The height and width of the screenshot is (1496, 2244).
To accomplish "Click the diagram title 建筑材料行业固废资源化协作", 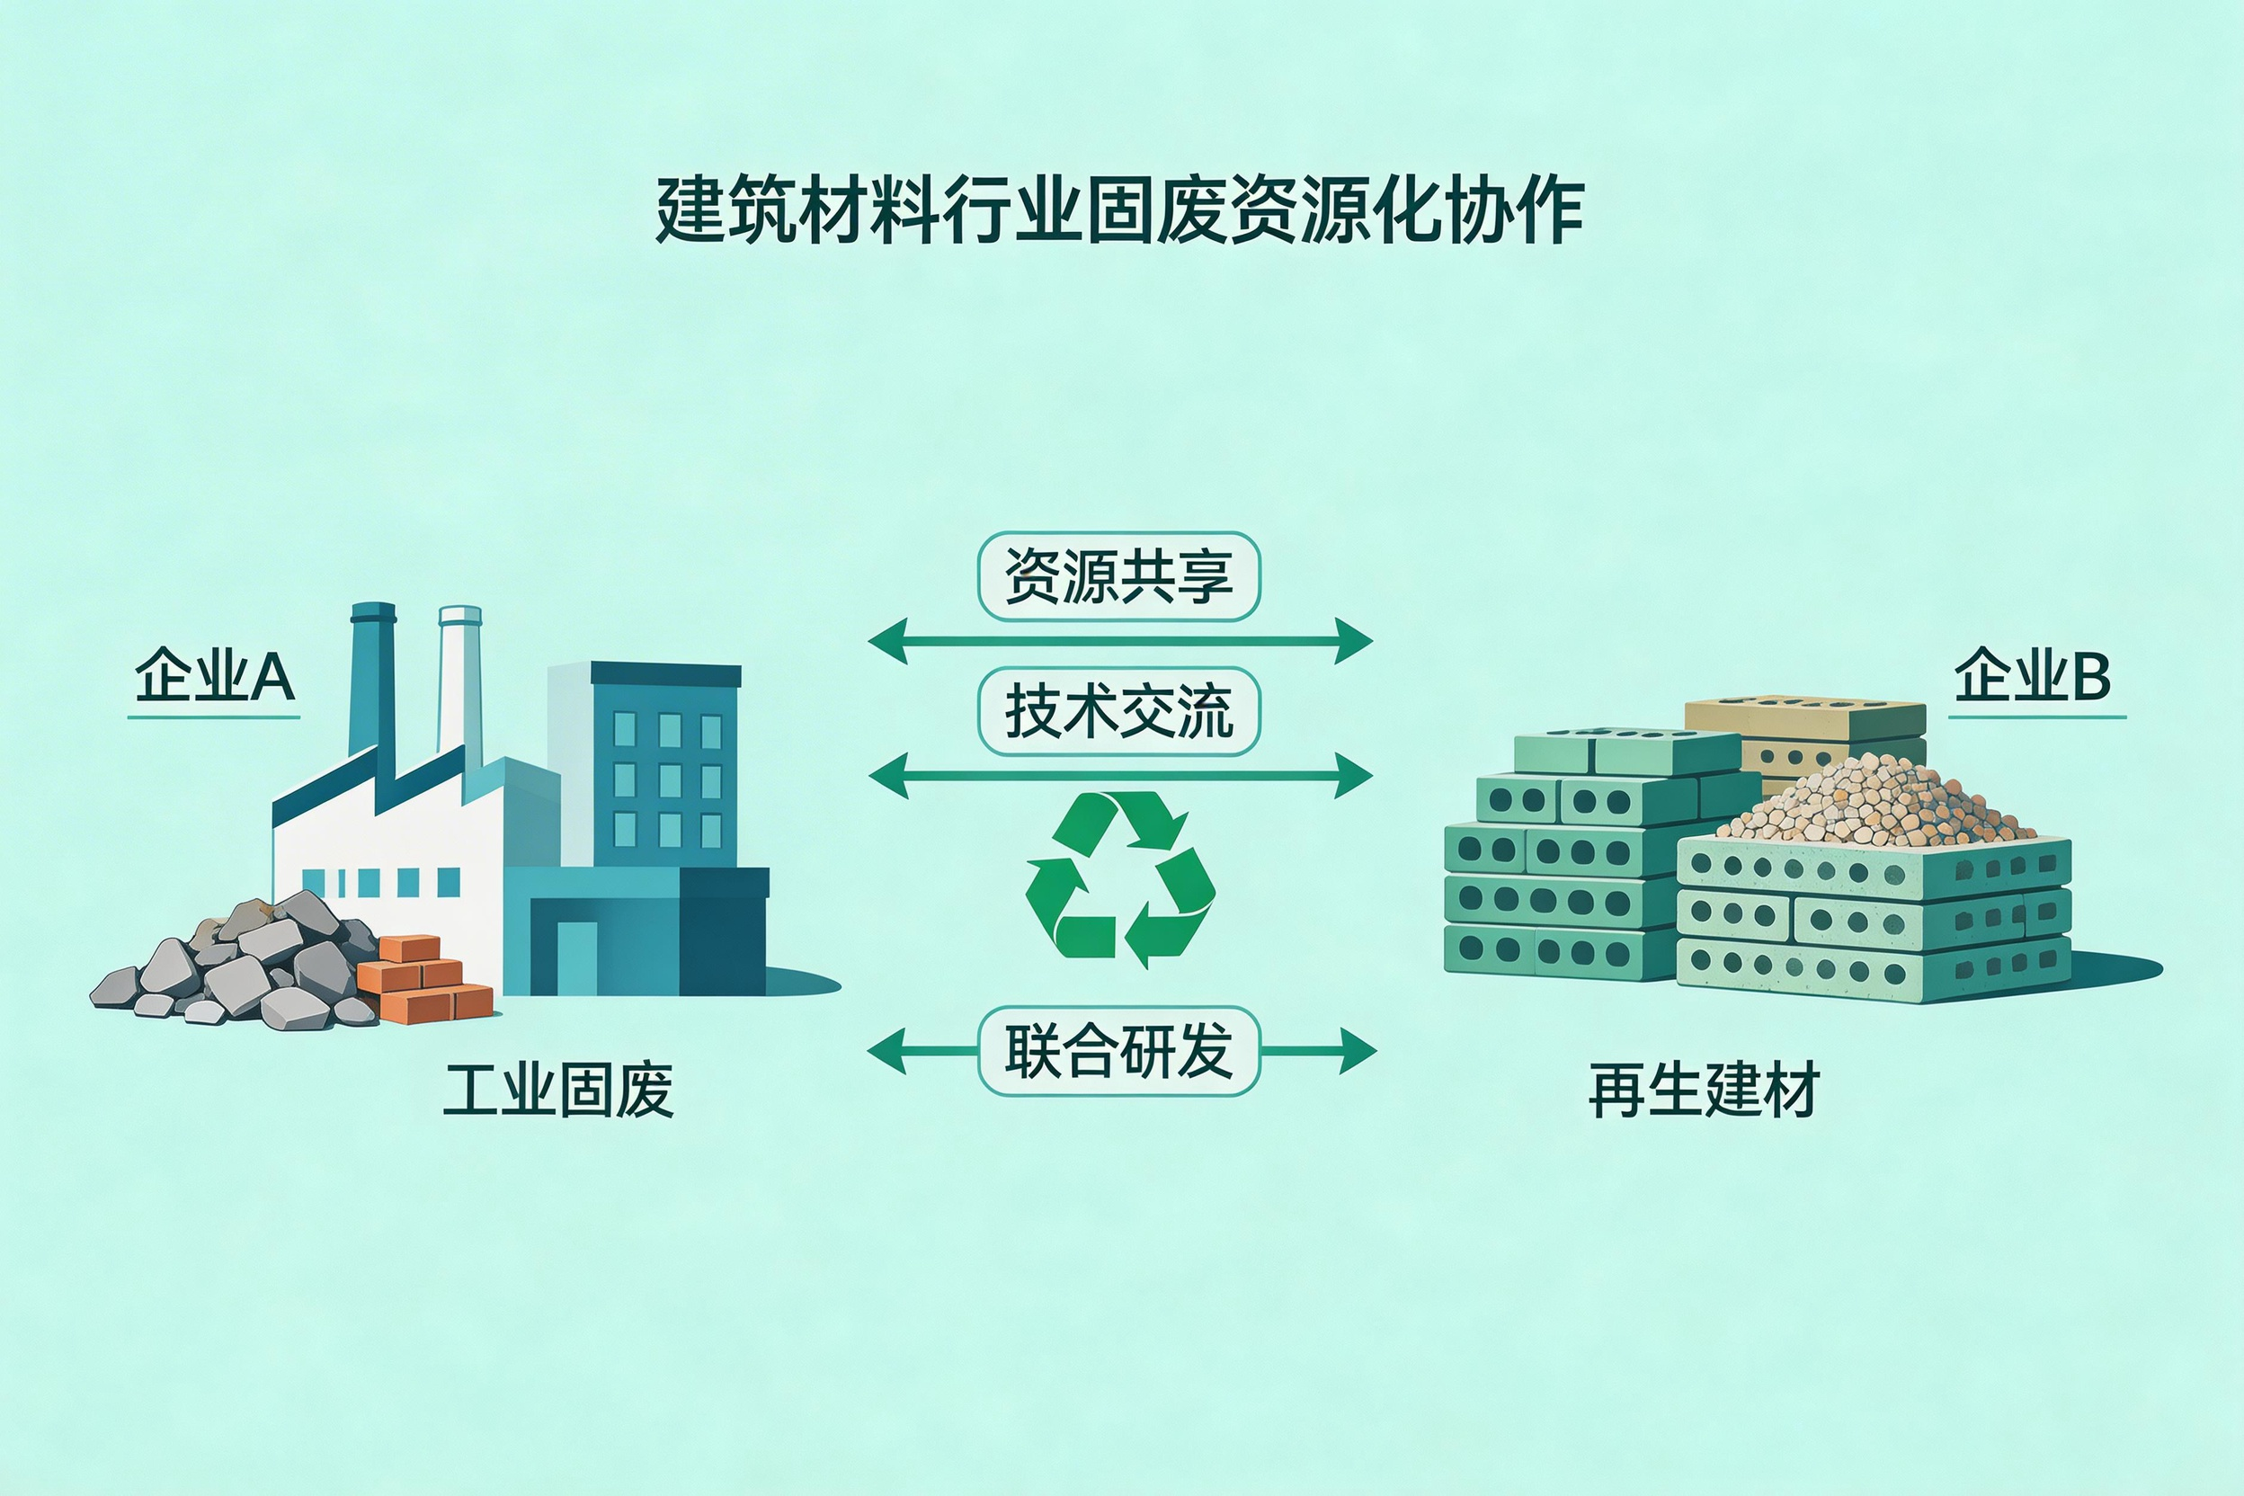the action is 1120,209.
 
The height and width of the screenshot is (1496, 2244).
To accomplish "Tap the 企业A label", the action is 215,675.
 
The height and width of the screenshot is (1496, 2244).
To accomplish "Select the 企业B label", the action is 2032,675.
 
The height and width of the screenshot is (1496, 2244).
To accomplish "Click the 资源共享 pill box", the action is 1119,576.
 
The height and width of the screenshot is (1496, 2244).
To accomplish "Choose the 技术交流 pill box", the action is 1119,712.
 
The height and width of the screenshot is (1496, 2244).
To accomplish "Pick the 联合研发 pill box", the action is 1119,1050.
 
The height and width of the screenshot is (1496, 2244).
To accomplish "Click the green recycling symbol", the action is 1120,879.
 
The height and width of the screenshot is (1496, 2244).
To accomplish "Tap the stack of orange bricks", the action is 425,978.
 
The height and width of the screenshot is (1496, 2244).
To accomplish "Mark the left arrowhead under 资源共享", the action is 887,641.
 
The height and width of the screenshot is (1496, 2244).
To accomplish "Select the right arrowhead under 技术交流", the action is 1354,776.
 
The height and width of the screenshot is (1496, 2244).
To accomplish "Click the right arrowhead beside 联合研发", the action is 1358,1051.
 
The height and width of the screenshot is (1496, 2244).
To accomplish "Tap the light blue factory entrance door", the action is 576,957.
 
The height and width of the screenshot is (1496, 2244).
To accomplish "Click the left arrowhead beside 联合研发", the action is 886,1051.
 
